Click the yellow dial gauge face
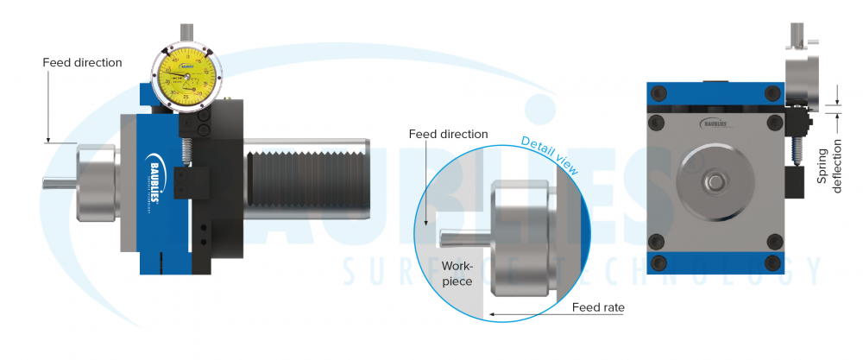click(x=186, y=73)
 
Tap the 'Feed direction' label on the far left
click(x=83, y=63)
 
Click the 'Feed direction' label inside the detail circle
click(x=448, y=135)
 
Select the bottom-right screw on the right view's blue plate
click(x=772, y=262)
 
